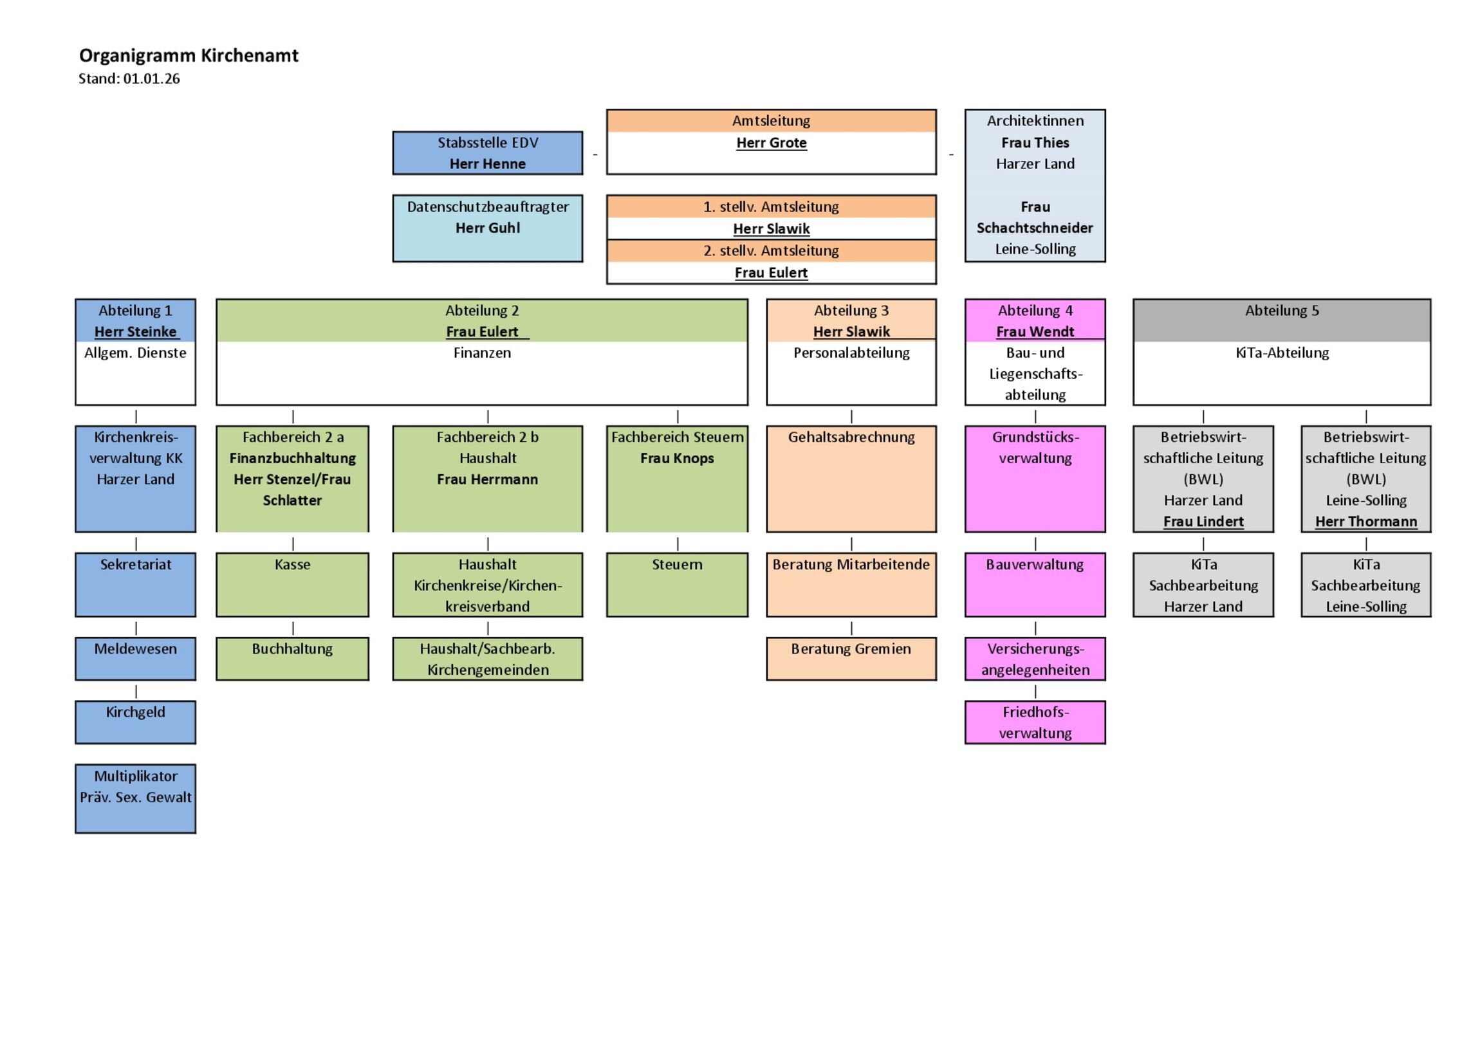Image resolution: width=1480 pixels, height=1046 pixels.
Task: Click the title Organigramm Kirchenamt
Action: [189, 55]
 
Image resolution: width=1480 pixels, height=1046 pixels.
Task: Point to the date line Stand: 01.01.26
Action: [129, 78]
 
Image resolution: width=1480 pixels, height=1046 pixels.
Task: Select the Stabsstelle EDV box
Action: [487, 152]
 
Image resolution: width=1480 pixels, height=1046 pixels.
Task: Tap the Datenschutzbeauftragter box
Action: [487, 228]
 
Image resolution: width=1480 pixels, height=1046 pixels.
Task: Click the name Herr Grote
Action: [771, 143]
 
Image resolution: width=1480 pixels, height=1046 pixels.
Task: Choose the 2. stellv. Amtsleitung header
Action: [771, 251]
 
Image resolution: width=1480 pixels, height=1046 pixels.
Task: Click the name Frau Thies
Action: [1035, 142]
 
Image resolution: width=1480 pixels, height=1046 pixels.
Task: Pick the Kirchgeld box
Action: [135, 722]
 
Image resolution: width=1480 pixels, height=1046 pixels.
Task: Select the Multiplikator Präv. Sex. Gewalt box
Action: [135, 798]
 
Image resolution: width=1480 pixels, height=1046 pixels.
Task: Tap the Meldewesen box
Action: [135, 658]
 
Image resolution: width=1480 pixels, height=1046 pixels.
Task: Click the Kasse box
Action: [292, 584]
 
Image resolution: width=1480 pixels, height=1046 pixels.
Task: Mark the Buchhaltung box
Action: [292, 658]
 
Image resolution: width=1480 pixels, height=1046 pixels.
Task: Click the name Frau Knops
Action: [677, 458]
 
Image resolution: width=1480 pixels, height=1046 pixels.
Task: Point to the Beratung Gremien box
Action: [851, 658]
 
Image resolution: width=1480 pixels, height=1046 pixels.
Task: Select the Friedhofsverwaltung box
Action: [1035, 722]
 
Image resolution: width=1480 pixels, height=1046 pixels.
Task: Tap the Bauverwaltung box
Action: [1035, 584]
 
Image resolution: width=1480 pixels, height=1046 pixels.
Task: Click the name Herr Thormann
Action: [1366, 521]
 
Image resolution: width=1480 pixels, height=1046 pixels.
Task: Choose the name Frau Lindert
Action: [1203, 521]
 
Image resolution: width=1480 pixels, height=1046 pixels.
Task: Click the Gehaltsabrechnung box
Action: [851, 478]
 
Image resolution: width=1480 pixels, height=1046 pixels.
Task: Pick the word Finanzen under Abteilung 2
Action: [481, 353]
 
